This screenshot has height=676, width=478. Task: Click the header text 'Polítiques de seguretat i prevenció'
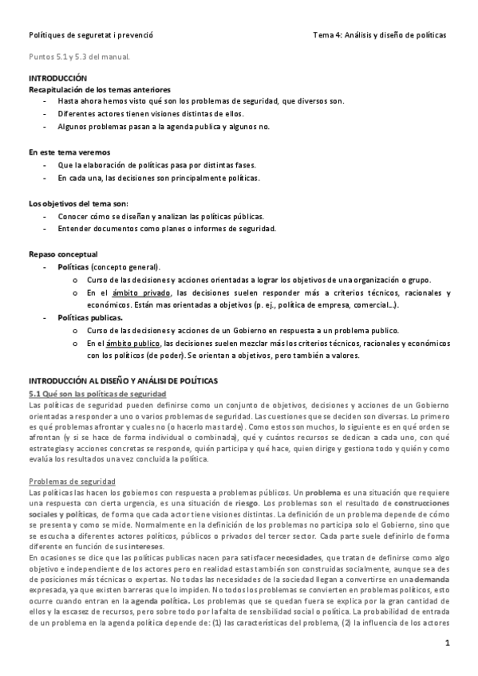91,36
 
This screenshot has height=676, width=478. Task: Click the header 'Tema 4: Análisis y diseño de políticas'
380,36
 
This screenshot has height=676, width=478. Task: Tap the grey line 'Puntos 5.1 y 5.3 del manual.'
80,58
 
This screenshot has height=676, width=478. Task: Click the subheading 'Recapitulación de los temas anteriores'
99,91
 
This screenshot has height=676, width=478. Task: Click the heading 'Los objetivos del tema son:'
78,203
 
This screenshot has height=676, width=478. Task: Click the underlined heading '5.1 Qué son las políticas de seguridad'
97,394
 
